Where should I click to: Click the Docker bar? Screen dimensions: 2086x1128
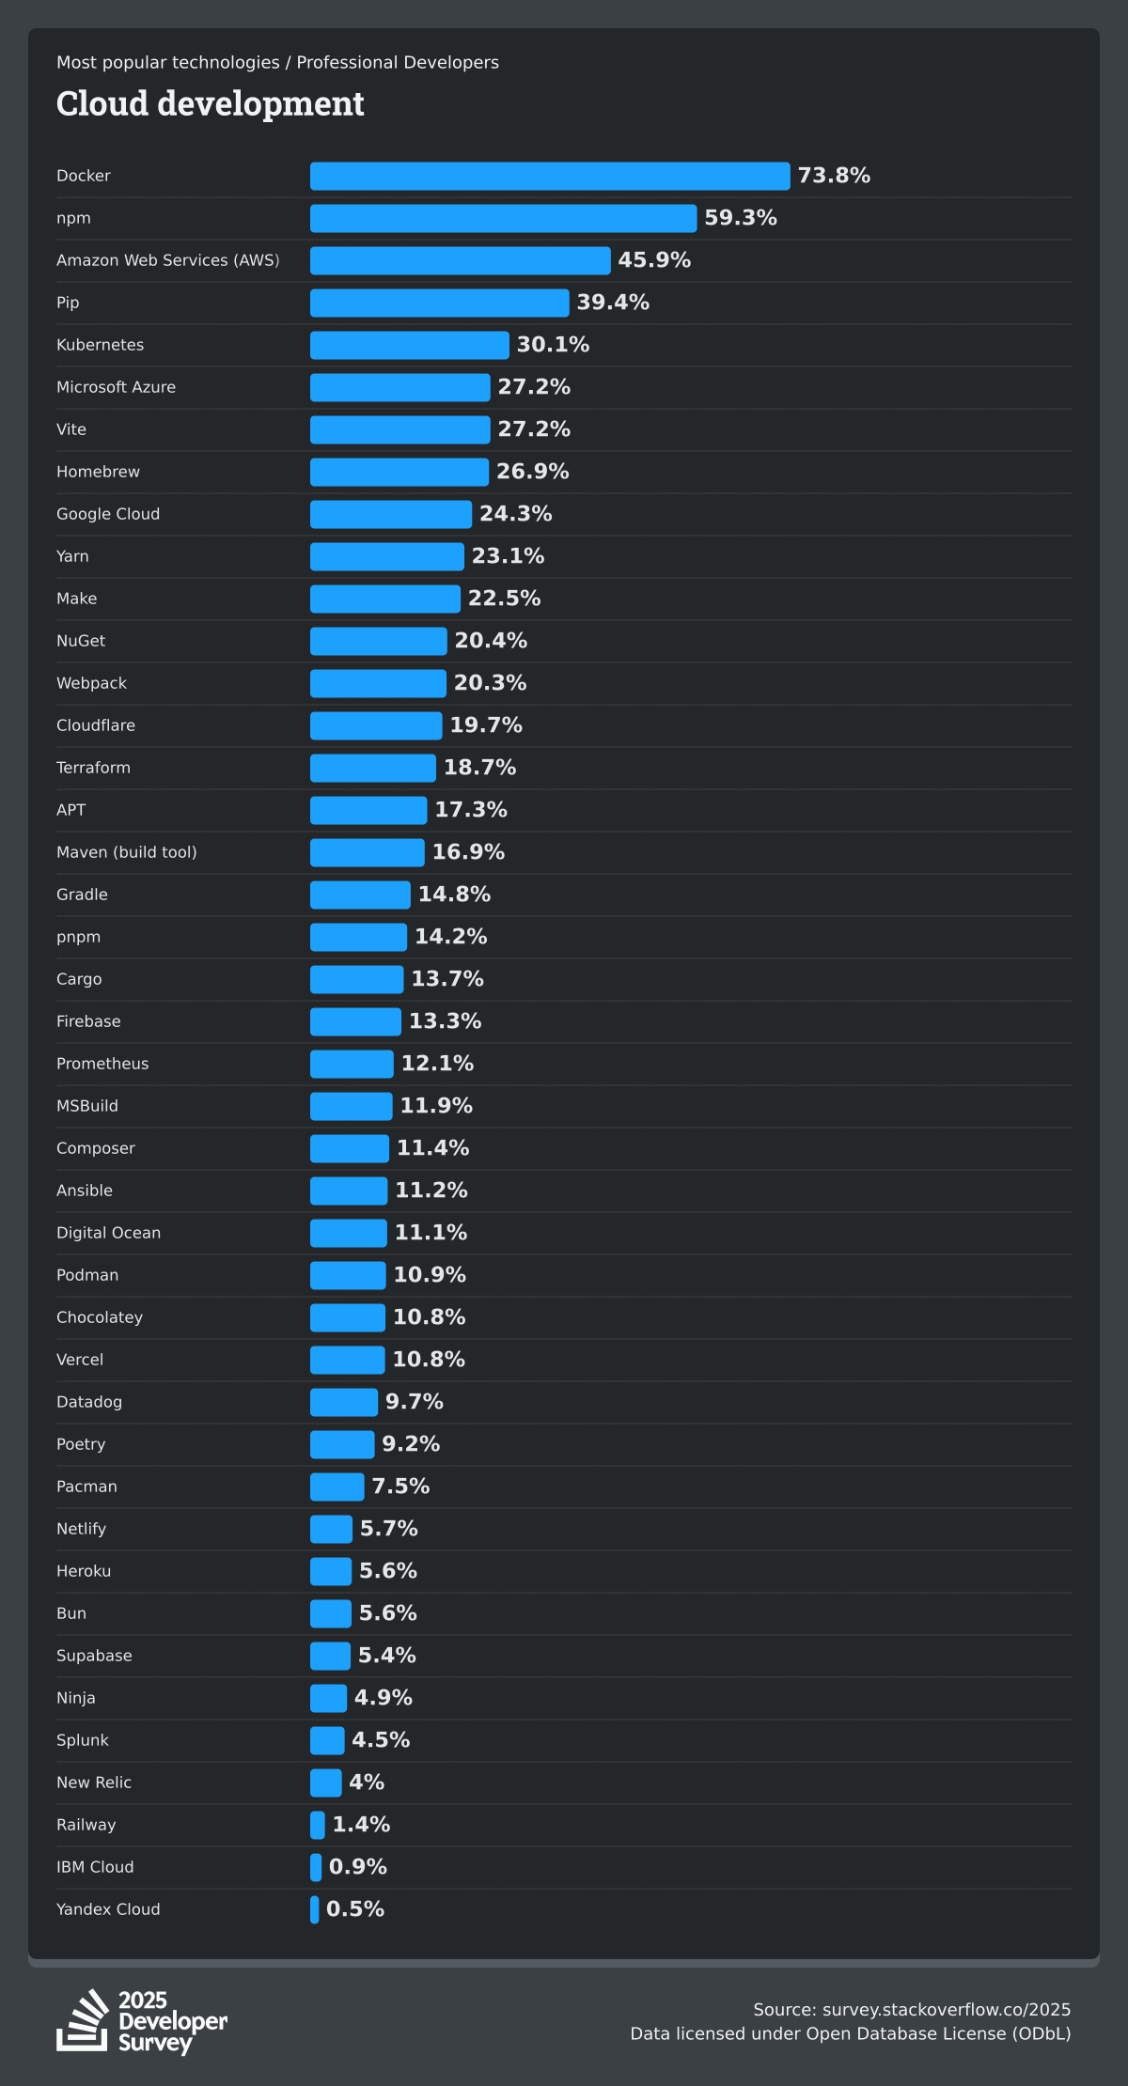pos(550,176)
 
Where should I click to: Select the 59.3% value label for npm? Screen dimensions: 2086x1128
pos(741,218)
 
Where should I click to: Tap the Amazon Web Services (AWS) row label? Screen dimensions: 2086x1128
pos(168,260)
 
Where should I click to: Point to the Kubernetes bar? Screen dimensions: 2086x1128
pos(410,345)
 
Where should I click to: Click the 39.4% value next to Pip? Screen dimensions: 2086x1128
pos(613,303)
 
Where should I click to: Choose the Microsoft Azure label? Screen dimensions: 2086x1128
pos(117,387)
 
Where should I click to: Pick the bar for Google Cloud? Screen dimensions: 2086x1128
pos(391,514)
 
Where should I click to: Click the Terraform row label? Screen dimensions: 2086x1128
pos(94,768)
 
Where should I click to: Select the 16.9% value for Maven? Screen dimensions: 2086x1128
pos(468,852)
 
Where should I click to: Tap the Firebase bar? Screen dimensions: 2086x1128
pos(355,1021)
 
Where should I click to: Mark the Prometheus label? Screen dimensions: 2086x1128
pos(102,1064)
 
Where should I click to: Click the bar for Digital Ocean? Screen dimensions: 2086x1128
pos(349,1233)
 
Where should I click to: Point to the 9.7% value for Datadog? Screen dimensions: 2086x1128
pos(415,1402)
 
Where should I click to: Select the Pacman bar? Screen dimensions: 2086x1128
pos(337,1487)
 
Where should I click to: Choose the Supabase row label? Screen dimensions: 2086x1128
pos(94,1656)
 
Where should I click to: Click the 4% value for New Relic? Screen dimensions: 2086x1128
pos(367,1782)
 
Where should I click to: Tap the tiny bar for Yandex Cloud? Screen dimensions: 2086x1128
pos(315,1909)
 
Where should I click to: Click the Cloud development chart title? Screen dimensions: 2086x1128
pos(211,103)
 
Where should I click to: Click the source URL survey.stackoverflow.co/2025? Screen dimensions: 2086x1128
pos(947,2010)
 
